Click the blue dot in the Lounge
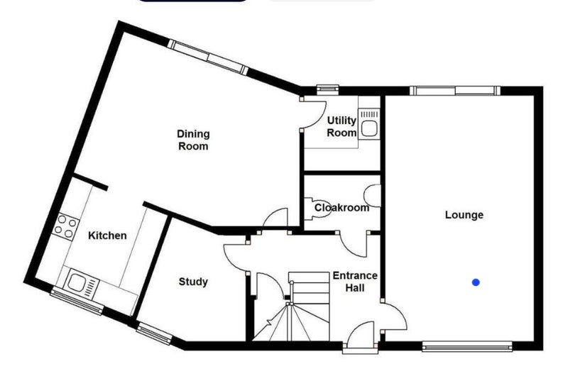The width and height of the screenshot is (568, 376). pyautogui.click(x=476, y=282)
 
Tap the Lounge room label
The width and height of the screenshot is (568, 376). pyautogui.click(x=464, y=215)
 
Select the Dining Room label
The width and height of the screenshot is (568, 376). pyautogui.click(x=193, y=140)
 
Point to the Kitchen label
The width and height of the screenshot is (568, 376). pyautogui.click(x=107, y=236)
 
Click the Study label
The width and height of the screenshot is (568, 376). pyautogui.click(x=193, y=282)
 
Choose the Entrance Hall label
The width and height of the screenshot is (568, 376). pyautogui.click(x=355, y=282)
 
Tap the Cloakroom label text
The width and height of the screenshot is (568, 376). pyautogui.click(x=342, y=208)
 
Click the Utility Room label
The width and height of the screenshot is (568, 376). pyautogui.click(x=342, y=126)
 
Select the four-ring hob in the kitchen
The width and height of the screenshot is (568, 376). pyautogui.click(x=65, y=226)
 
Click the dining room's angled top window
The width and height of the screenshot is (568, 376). pyautogui.click(x=208, y=57)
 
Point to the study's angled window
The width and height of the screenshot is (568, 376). pyautogui.click(x=155, y=333)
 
